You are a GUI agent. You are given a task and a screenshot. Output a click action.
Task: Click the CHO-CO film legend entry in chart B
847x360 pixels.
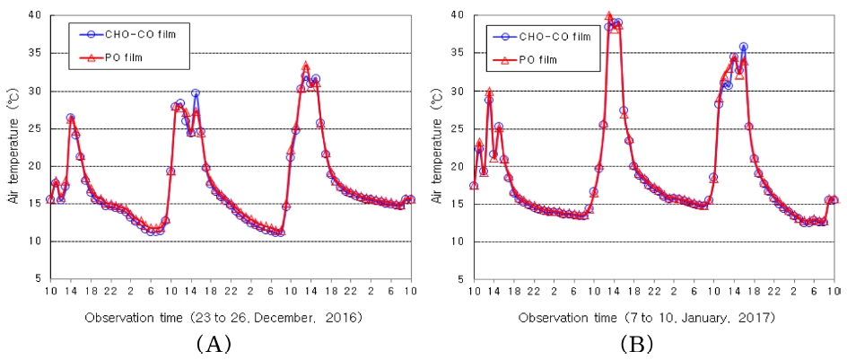click(x=542, y=36)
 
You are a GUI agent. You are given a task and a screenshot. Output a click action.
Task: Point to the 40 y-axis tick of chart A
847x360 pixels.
click(x=33, y=15)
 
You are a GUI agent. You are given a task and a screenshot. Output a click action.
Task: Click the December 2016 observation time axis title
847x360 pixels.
click(x=223, y=317)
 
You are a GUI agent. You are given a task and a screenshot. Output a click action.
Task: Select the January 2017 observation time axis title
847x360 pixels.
click(x=649, y=317)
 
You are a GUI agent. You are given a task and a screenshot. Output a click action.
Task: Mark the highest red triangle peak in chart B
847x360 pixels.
click(x=609, y=16)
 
